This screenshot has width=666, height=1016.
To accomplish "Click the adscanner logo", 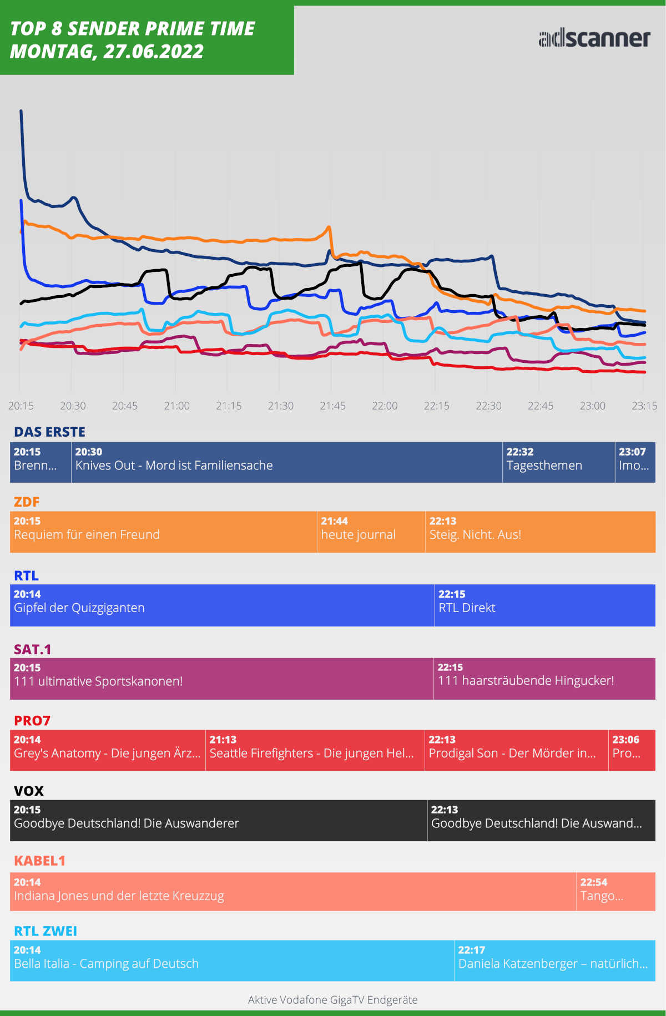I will coord(594,38).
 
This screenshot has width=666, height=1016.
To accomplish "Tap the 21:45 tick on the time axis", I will coord(332,406).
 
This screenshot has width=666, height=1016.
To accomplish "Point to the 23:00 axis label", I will coord(592,406).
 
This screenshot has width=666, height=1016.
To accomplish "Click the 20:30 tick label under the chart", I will coord(73,406).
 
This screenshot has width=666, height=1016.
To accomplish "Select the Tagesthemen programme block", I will coord(558,462).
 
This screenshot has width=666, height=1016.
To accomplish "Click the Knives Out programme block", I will coord(286,462).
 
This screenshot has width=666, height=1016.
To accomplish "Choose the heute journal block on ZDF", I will coord(371,532).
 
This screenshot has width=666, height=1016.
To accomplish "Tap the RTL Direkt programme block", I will coord(544,605).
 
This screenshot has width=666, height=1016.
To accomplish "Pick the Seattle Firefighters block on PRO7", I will coord(315,750).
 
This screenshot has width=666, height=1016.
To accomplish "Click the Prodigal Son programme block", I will coord(516,750).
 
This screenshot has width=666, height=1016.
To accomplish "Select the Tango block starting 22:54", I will coord(616,892).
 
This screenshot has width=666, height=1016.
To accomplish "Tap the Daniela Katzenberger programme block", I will coord(554,961).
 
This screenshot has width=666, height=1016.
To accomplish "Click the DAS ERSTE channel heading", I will coord(49,432).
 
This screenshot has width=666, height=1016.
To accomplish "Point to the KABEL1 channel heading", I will coord(39,861).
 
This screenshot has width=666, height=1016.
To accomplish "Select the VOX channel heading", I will coord(28,791).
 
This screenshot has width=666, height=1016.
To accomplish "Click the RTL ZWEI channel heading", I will coord(46,931).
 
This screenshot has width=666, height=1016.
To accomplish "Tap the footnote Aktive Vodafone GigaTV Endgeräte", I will coord(332,1000).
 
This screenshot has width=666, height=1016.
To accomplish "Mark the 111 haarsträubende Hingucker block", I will coord(544,679).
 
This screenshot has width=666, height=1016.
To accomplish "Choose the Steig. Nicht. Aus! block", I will coord(540,532).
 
